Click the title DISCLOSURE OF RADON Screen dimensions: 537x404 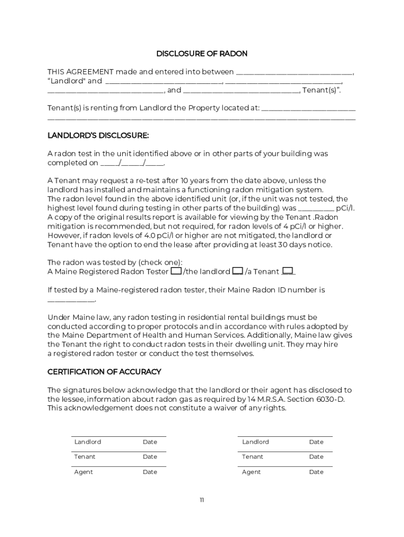point(201,53)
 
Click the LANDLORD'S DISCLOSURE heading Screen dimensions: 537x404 point(98,136)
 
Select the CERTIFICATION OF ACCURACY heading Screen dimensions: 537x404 point(104,372)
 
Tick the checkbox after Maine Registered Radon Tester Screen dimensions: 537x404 point(176,271)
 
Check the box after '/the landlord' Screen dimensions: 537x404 point(237,271)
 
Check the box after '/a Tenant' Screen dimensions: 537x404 point(288,271)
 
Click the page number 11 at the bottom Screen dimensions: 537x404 point(201,500)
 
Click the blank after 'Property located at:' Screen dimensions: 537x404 point(308,109)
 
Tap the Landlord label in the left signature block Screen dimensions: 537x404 point(88,442)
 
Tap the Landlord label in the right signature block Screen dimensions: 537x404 point(256,442)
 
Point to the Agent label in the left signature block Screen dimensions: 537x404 point(83,472)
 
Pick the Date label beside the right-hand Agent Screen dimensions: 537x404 point(316,472)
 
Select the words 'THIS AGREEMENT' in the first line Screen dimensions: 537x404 point(80,72)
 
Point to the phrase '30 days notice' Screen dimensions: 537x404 point(306,244)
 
